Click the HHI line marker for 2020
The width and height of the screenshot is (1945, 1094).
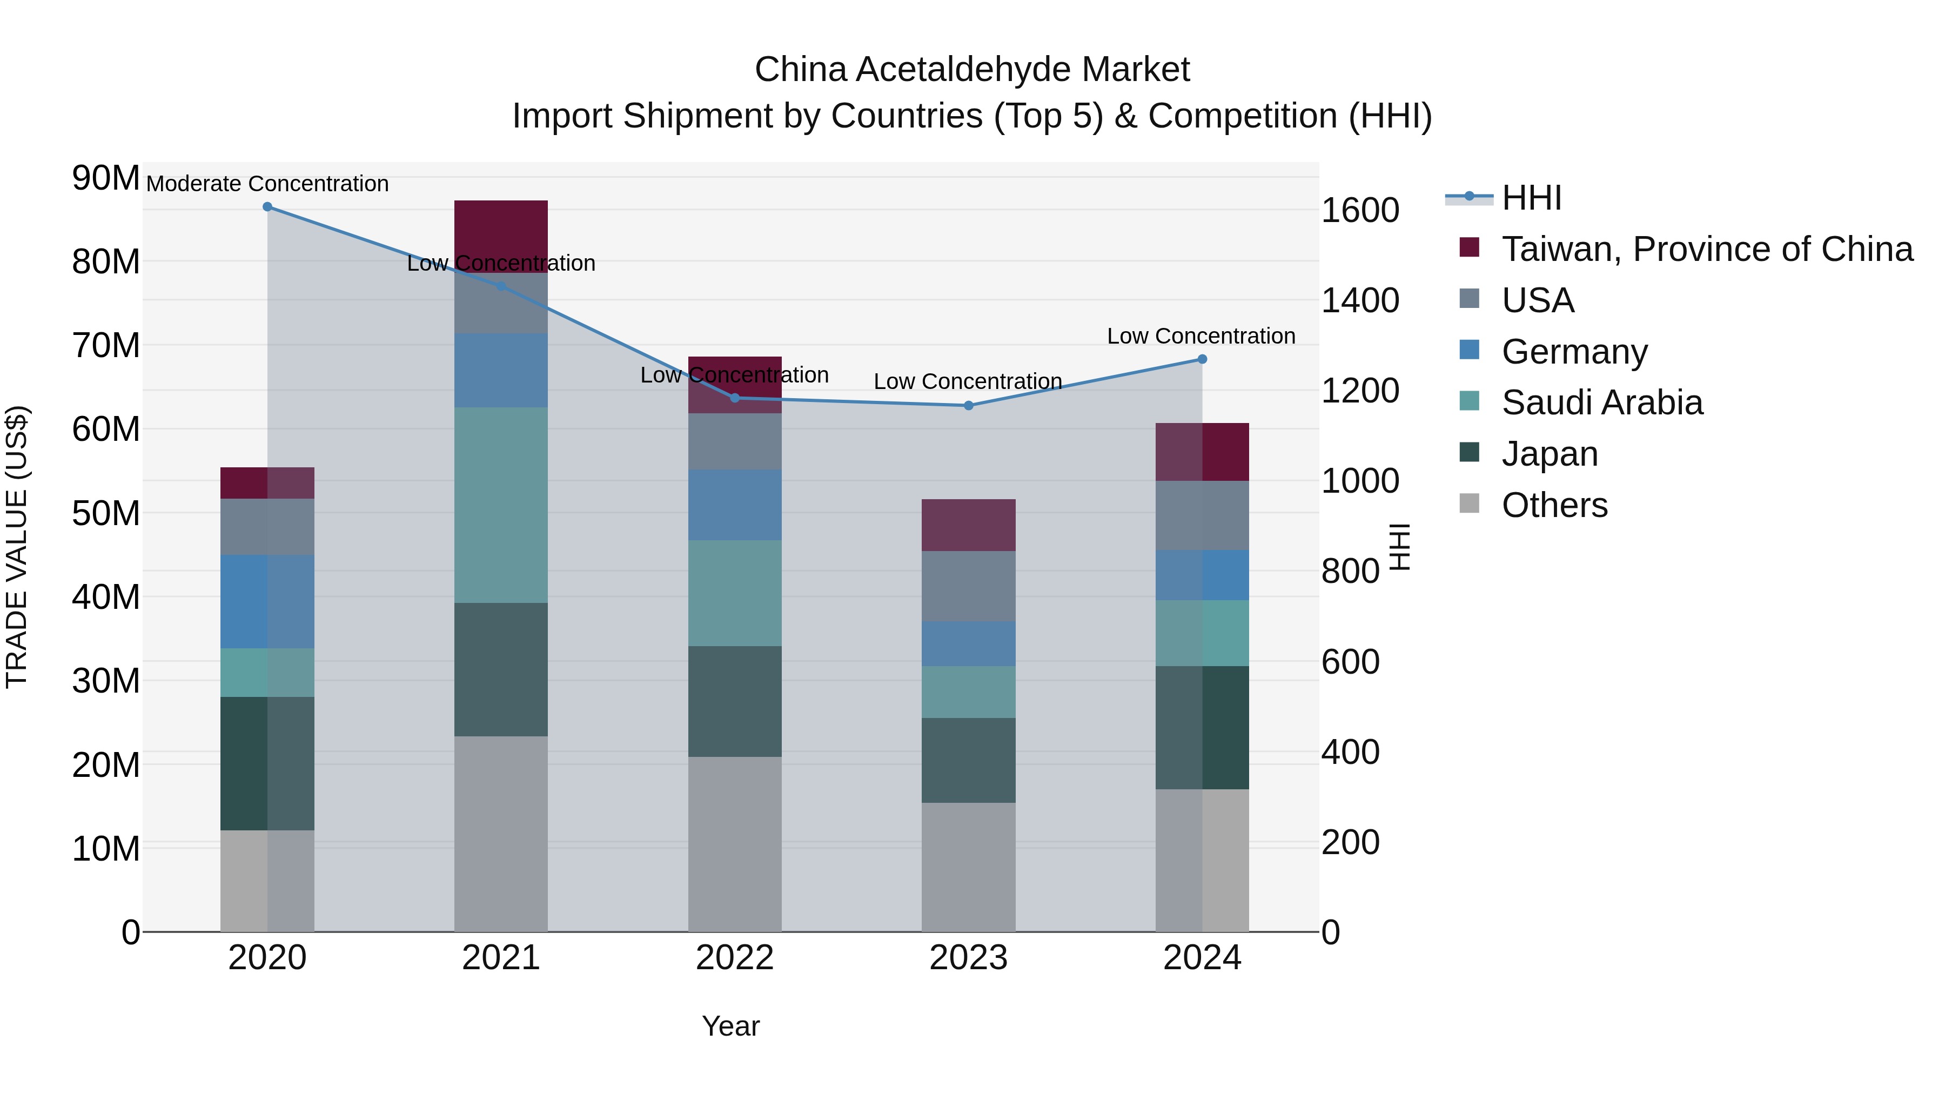pyautogui.click(x=267, y=207)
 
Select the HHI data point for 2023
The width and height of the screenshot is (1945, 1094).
pyautogui.click(x=969, y=405)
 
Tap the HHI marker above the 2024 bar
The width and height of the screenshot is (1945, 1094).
pyautogui.click(x=1202, y=359)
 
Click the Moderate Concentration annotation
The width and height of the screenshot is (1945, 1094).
pyautogui.click(x=267, y=184)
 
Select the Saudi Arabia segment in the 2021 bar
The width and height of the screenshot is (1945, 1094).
pyautogui.click(x=501, y=505)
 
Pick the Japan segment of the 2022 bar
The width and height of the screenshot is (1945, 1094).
pyautogui.click(x=735, y=701)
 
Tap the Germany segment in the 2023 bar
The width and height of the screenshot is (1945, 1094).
pyautogui.click(x=969, y=643)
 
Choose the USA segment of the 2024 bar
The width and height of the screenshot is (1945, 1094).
pyautogui.click(x=1202, y=516)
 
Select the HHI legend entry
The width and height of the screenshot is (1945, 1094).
pyautogui.click(x=1531, y=198)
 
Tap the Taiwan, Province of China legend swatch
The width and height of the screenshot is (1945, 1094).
pyautogui.click(x=1470, y=247)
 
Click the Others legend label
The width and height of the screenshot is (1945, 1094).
pyautogui.click(x=1554, y=505)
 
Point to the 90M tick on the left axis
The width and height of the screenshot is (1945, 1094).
pyautogui.click(x=106, y=178)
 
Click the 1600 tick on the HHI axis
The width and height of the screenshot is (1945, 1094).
pyautogui.click(x=1360, y=210)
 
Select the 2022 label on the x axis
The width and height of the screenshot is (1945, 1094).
pyautogui.click(x=735, y=958)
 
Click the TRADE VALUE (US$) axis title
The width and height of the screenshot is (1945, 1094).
pyautogui.click(x=17, y=547)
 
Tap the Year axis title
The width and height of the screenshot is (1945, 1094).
pyautogui.click(x=730, y=1026)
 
